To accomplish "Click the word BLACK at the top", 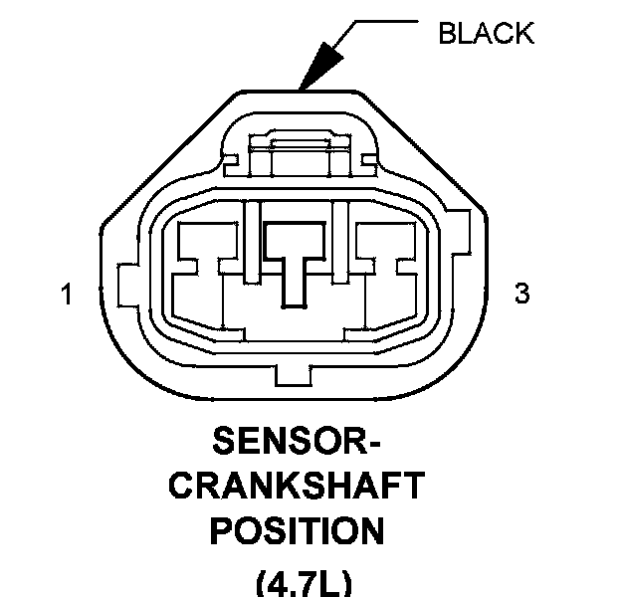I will [486, 33].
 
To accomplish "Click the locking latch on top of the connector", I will [299, 149].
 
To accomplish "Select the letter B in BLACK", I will [447, 33].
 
